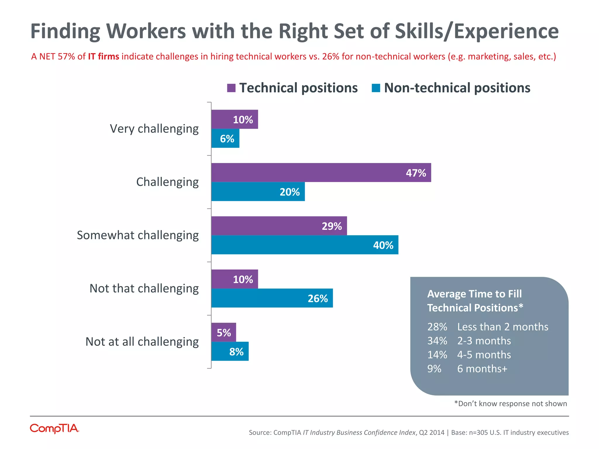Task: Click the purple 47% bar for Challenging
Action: (321, 172)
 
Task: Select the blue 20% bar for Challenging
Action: (258, 191)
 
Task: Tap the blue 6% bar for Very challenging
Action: (225, 138)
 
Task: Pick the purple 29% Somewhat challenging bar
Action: (279, 226)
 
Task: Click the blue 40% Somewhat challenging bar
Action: (304, 245)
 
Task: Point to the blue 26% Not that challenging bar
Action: (272, 298)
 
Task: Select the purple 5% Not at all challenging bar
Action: (223, 332)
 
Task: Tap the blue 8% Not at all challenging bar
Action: (230, 351)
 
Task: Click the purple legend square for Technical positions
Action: (231, 88)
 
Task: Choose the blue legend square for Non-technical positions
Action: (376, 88)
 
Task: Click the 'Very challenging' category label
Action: (154, 129)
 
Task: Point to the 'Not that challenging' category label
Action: (144, 288)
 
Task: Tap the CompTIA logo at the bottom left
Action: (54, 429)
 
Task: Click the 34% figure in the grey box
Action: (437, 341)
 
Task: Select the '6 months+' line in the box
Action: (482, 369)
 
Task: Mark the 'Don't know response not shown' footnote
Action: (510, 404)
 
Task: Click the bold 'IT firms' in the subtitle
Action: (104, 56)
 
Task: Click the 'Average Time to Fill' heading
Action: (474, 294)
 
